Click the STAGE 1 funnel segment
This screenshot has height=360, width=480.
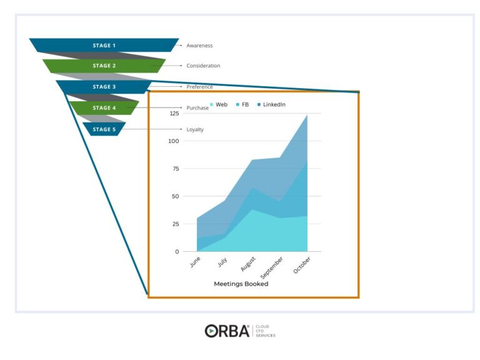pos(104,45)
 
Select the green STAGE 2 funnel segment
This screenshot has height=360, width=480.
pos(104,66)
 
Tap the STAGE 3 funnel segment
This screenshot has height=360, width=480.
pos(104,87)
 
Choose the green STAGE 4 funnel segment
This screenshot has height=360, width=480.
pos(104,108)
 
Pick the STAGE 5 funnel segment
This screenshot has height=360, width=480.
pos(104,129)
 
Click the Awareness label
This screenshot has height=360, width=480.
pos(199,46)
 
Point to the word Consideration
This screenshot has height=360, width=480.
pos(203,66)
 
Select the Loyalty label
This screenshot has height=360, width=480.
pos(195,129)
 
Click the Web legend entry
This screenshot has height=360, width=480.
pos(219,104)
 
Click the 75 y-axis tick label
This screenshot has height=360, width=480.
pos(176,169)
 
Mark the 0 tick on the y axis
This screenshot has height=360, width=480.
pos(177,252)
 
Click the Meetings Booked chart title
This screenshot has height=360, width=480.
pos(241,284)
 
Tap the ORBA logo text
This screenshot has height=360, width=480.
pos(227,331)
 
